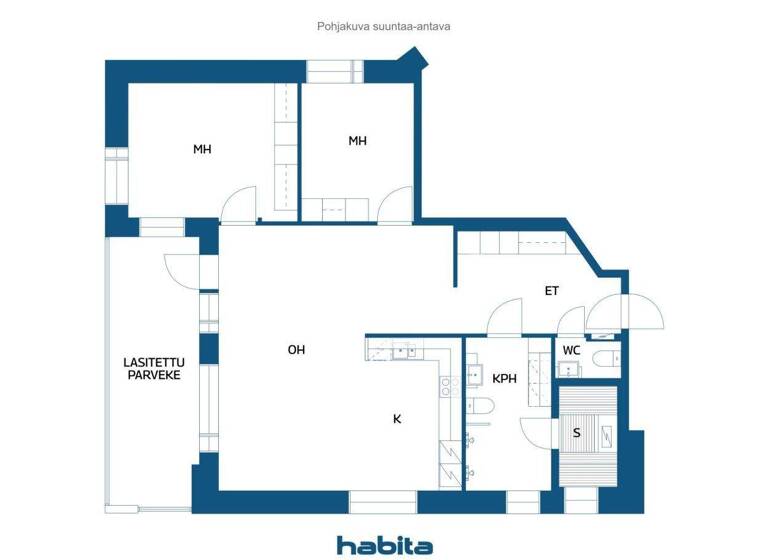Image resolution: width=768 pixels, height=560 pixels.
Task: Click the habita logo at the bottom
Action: click(x=384, y=545)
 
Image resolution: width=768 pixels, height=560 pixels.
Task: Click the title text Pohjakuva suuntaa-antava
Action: click(x=384, y=27)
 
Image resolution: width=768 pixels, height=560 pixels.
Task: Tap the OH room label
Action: click(x=296, y=349)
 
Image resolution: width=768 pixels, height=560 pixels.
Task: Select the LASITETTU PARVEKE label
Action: click(x=152, y=368)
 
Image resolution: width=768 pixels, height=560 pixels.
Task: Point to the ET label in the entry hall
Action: click(x=551, y=291)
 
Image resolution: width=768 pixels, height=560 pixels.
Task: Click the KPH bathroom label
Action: click(x=504, y=378)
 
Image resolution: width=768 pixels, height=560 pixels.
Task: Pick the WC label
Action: click(x=571, y=350)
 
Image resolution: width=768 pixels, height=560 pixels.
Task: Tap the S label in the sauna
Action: click(x=576, y=433)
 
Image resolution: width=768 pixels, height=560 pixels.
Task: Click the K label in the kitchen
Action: click(x=397, y=419)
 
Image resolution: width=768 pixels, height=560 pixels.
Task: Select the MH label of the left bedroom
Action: click(x=202, y=149)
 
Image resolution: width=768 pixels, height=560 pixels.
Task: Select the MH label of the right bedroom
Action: click(x=357, y=141)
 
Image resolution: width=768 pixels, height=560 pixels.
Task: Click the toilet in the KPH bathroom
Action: click(x=479, y=406)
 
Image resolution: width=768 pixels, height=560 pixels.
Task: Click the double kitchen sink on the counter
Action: click(x=403, y=351)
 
